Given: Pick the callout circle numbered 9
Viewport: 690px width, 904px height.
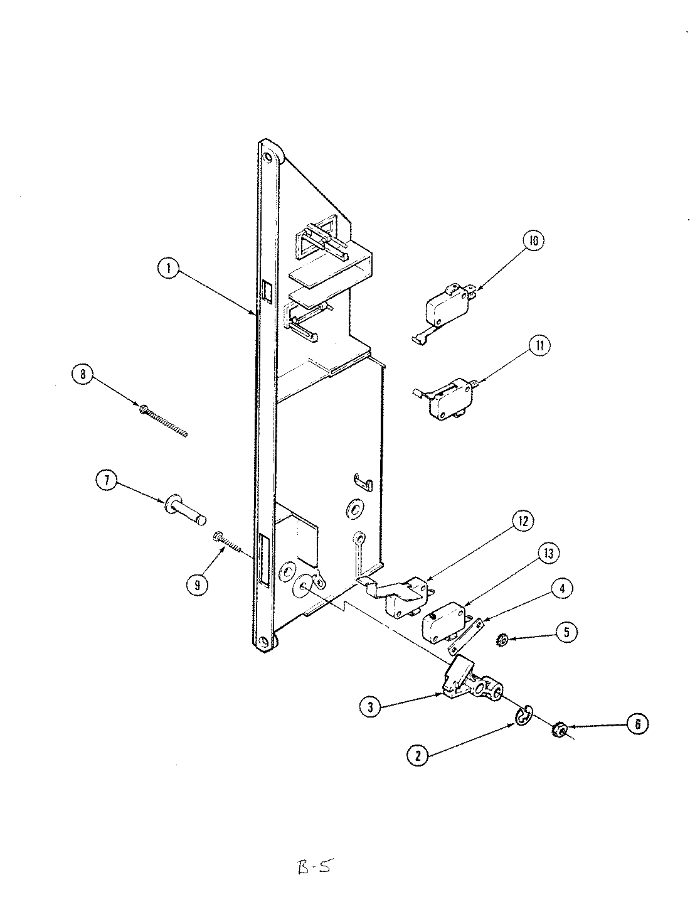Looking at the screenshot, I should [x=198, y=584].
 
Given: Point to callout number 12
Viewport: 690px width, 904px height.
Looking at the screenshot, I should [x=522, y=521].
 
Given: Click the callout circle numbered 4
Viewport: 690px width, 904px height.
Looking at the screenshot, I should [x=562, y=588].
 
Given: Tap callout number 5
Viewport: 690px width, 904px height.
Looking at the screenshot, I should [x=565, y=632].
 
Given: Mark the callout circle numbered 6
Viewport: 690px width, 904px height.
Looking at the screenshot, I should [x=637, y=724].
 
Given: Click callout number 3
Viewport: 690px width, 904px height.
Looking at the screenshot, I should [x=371, y=707].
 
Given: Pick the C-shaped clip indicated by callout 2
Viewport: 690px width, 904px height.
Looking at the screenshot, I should [x=524, y=715].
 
